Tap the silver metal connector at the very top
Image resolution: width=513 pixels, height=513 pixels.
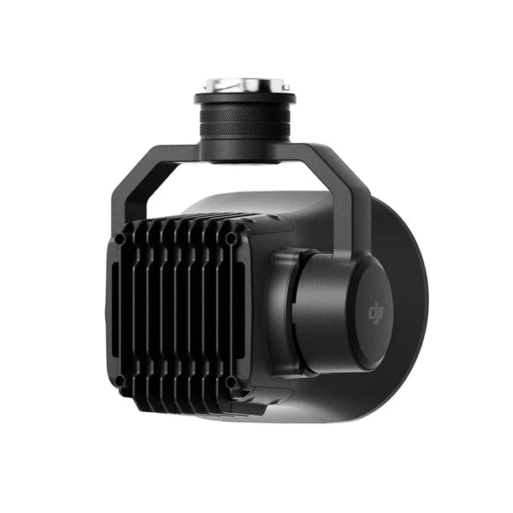(x=243, y=85)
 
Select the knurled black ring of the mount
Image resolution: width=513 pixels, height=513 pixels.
(x=243, y=122)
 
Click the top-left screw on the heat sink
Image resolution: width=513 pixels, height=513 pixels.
(x=121, y=239)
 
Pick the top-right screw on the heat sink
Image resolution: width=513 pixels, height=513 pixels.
(x=230, y=238)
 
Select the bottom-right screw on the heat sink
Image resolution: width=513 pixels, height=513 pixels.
(x=232, y=380)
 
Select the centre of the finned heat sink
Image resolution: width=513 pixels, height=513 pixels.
(x=177, y=311)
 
